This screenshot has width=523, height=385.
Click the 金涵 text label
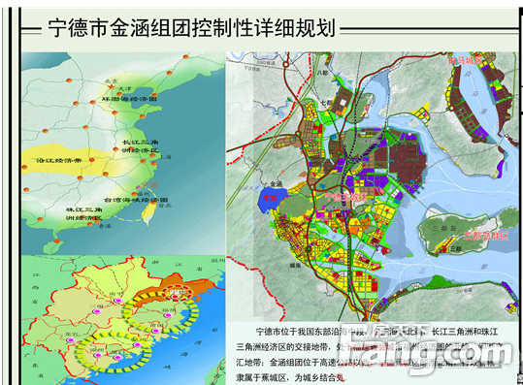point(276,182)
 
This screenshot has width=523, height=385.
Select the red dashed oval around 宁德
point(178,291)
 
